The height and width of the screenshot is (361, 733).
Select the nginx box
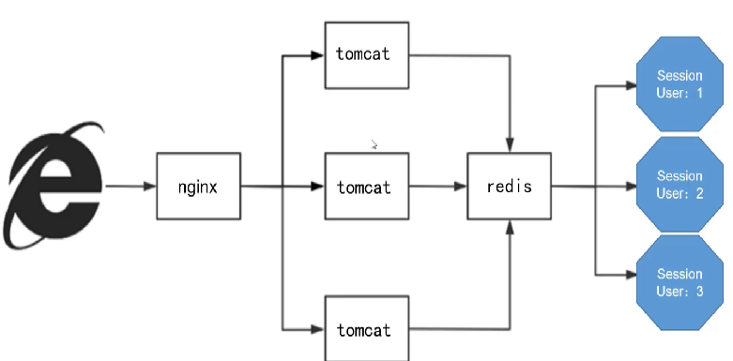click(199, 186)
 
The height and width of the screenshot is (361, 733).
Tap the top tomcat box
click(367, 55)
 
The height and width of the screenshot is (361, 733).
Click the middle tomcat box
click(367, 186)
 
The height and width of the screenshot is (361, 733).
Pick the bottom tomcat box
click(367, 328)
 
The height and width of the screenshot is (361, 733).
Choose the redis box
click(509, 186)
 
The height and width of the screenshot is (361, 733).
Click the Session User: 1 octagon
click(680, 84)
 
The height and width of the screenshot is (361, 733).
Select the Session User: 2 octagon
click(680, 185)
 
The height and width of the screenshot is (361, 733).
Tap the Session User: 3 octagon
click(680, 282)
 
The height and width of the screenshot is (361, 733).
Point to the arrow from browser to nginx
click(130, 187)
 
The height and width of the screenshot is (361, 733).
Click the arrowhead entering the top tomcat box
click(318, 55)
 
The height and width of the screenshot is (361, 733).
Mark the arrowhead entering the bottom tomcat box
click(318, 330)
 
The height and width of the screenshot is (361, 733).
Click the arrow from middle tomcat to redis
click(438, 187)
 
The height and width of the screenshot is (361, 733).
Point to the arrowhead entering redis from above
click(510, 145)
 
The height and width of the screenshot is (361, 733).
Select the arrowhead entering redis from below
click(510, 227)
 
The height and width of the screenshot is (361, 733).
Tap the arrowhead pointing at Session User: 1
click(630, 85)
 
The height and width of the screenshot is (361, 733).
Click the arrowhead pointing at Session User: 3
click(630, 275)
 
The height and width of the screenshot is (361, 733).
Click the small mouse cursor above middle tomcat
click(374, 144)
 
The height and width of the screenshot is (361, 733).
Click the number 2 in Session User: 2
click(699, 193)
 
